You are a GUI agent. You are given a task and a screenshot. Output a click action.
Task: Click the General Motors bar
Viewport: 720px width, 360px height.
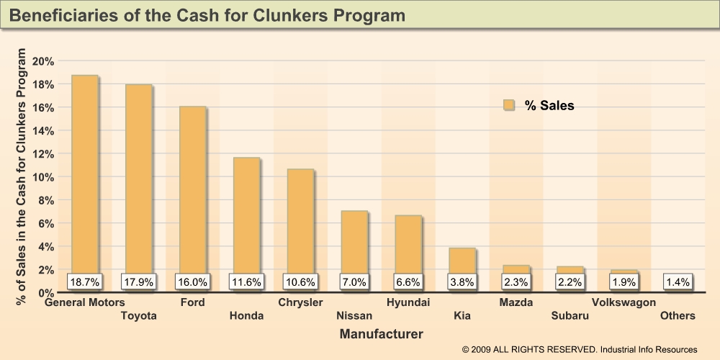pyautogui.click(x=84, y=173)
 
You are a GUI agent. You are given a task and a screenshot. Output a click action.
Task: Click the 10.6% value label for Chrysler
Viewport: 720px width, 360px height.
pyautogui.click(x=300, y=282)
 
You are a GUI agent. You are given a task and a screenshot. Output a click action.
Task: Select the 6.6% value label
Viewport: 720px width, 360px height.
pyautogui.click(x=408, y=282)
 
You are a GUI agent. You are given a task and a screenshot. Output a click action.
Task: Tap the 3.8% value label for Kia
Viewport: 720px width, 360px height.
pyautogui.click(x=462, y=282)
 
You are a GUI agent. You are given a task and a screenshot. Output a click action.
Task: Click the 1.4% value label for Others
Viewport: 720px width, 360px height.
pyautogui.click(x=678, y=282)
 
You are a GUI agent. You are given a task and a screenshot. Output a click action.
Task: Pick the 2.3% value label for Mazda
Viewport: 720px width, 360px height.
pyautogui.click(x=516, y=282)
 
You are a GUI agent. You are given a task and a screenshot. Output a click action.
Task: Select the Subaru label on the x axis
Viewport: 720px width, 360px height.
pyautogui.click(x=570, y=315)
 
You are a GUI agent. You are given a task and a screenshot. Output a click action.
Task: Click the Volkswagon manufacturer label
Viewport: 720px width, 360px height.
pyautogui.click(x=624, y=302)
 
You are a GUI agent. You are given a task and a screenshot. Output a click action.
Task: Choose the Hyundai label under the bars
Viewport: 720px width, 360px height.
pyautogui.click(x=408, y=302)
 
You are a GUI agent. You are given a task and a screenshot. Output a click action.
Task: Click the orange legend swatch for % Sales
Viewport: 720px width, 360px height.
pyautogui.click(x=509, y=106)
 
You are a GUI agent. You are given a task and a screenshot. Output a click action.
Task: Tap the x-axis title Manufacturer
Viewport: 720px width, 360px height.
pyautogui.click(x=381, y=334)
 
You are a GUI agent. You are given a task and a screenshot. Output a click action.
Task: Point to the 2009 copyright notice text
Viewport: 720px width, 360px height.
pyautogui.click(x=580, y=349)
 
